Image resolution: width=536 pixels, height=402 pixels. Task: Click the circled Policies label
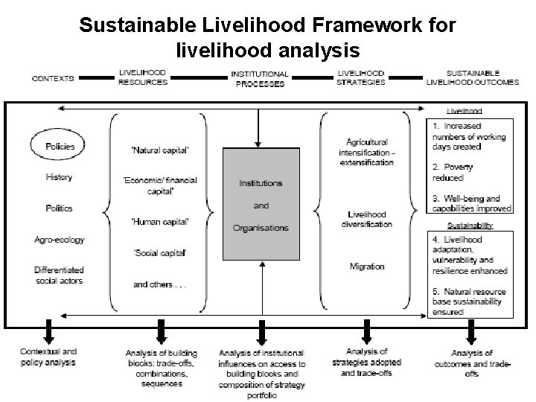tap(60, 146)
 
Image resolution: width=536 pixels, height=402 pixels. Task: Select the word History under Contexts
tap(60, 177)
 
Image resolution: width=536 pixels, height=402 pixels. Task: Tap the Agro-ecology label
tap(60, 240)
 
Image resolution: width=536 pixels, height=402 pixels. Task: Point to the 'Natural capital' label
tap(160, 150)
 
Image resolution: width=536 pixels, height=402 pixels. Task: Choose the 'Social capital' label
tap(159, 253)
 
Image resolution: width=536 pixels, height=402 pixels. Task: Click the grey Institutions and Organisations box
tap(261, 204)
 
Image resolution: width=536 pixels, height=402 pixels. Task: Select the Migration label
tap(367, 266)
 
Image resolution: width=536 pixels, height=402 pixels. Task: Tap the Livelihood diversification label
tap(367, 220)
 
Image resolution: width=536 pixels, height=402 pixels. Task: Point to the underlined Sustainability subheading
tap(469, 224)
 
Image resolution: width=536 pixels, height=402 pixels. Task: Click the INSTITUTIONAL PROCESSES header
tap(260, 79)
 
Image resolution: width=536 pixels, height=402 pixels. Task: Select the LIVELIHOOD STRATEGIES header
tap(362, 77)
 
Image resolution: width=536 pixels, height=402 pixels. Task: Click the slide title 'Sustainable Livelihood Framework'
tap(267, 26)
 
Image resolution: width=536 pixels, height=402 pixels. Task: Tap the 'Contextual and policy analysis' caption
tap(48, 356)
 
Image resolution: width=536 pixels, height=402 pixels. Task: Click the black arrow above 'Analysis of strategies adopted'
tap(366, 329)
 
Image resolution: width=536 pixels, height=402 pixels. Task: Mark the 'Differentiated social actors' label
tap(59, 275)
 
